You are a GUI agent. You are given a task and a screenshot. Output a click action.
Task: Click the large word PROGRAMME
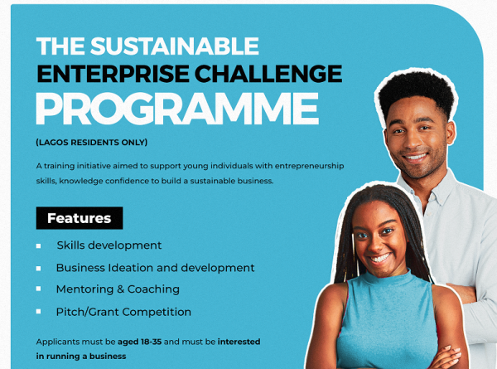tap(176, 109)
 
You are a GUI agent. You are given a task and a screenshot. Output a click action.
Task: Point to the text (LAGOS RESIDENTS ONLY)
tap(92, 142)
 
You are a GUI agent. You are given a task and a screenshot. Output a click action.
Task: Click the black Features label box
tap(79, 219)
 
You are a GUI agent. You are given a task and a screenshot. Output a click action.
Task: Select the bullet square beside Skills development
tap(38, 246)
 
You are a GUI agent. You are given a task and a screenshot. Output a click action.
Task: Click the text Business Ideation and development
tap(155, 268)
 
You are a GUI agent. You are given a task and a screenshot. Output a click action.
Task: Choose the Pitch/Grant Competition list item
tap(123, 312)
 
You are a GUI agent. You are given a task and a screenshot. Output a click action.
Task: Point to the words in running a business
tap(81, 356)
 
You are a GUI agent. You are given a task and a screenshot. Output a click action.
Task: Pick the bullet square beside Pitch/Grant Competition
tap(38, 312)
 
